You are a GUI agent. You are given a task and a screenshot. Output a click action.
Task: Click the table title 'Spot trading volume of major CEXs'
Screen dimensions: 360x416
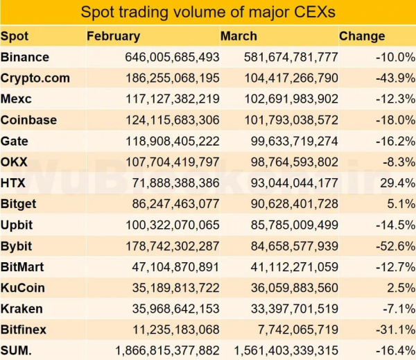208,12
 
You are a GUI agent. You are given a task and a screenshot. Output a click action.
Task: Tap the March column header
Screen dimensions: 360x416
239,36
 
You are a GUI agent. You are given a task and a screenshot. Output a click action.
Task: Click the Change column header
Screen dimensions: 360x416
362,36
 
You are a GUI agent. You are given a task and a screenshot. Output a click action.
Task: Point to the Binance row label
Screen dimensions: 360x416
25,57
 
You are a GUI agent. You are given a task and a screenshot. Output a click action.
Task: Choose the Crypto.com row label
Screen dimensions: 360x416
35,78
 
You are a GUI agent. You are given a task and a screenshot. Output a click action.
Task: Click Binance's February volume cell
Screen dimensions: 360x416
173,57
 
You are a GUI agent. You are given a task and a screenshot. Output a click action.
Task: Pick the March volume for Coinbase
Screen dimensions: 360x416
291,120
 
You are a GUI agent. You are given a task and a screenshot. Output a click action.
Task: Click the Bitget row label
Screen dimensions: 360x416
19,204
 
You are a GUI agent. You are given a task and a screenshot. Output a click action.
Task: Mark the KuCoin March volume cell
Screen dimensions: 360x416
295,288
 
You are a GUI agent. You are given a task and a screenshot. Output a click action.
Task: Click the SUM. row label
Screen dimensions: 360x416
17,351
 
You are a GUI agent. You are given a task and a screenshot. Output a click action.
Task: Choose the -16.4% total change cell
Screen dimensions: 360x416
395,351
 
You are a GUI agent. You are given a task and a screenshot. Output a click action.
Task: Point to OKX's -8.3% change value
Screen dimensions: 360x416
397,162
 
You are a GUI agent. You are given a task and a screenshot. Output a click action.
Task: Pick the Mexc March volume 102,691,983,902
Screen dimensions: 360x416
291,99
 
